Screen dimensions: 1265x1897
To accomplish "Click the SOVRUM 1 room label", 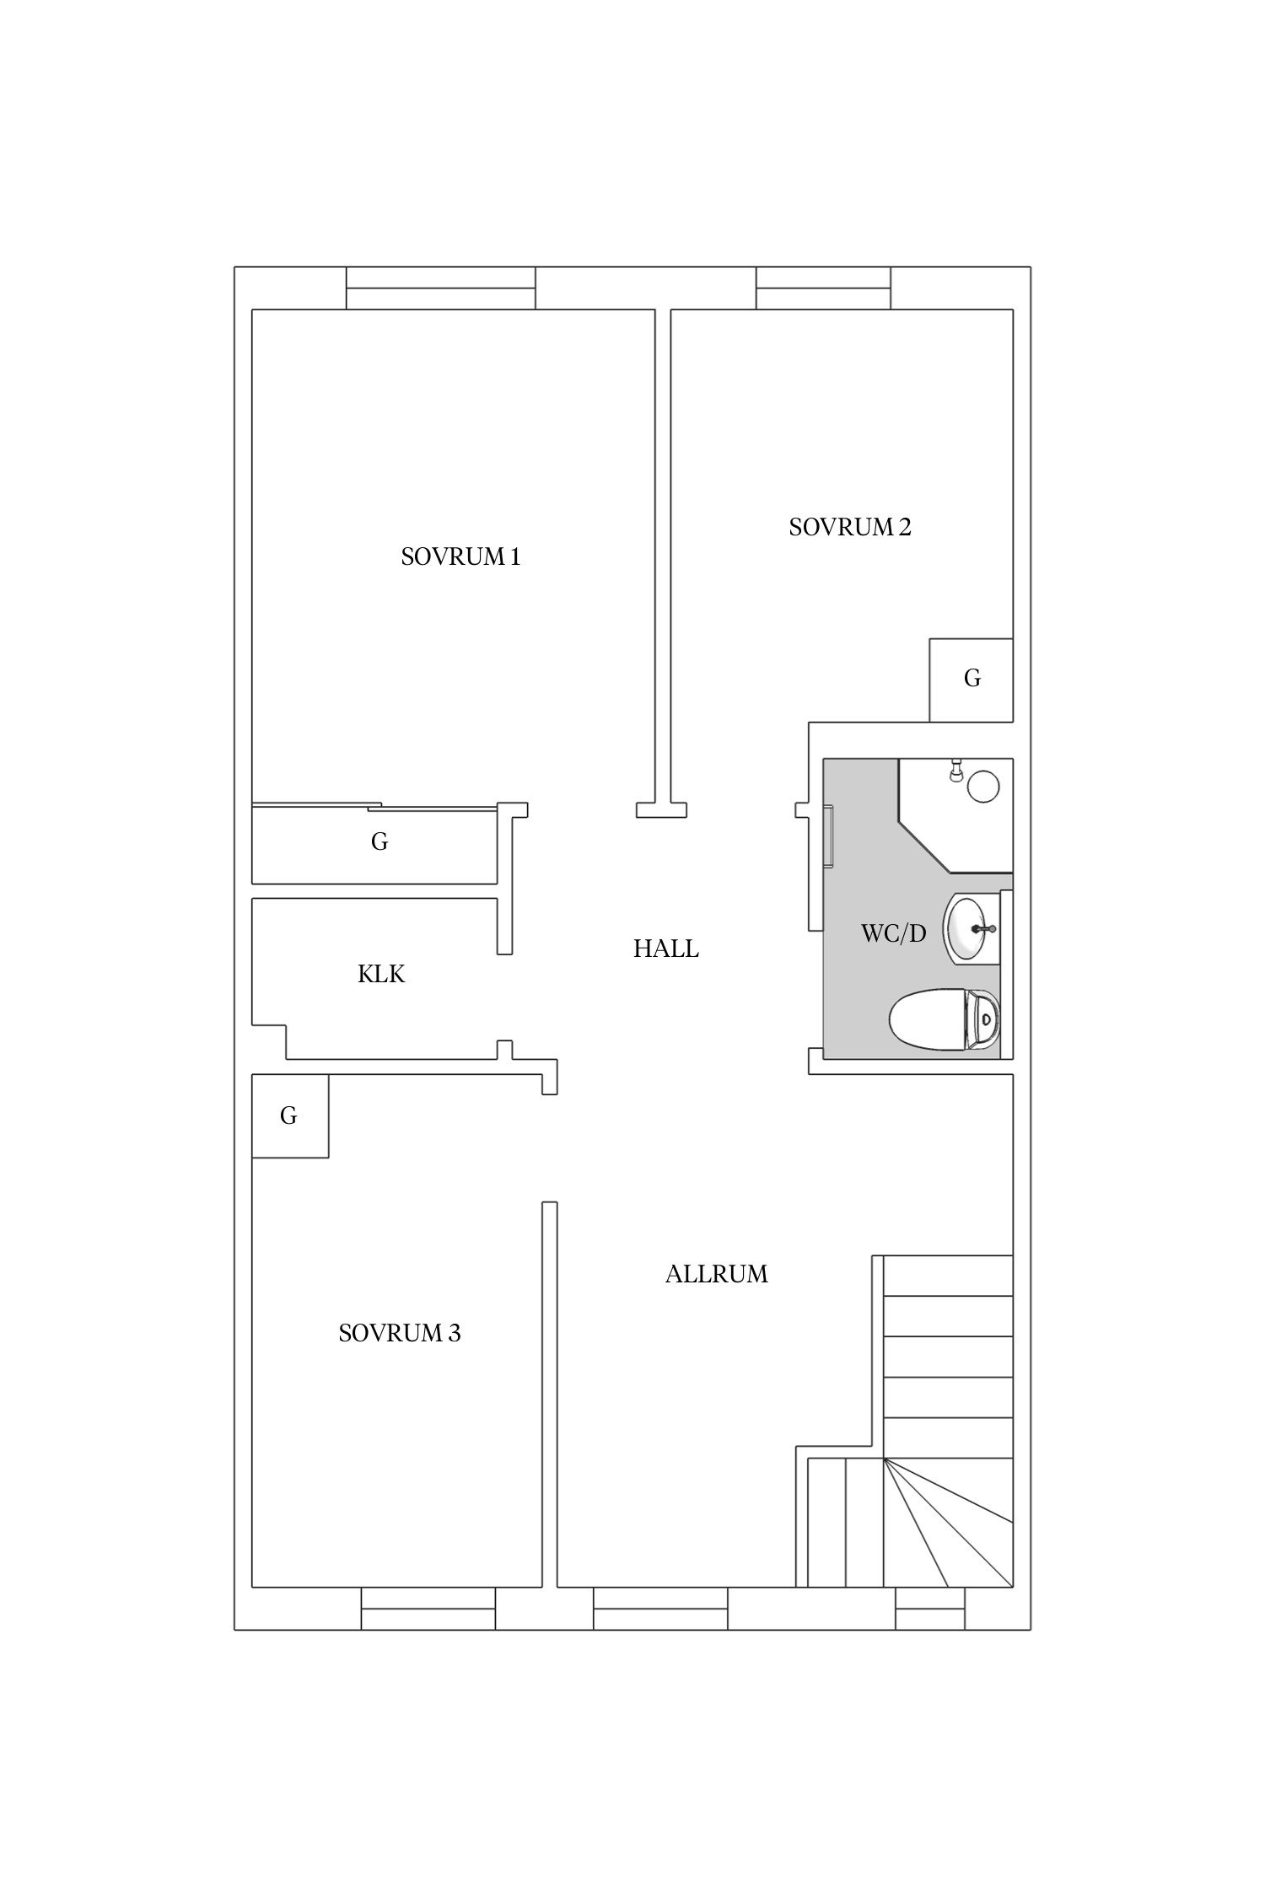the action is pyautogui.click(x=460, y=557).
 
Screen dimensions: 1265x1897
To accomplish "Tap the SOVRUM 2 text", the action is pyautogui.click(x=850, y=528).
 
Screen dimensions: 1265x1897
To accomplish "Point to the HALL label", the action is pyautogui.click(x=666, y=949).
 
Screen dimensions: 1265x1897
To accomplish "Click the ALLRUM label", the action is pyautogui.click(x=717, y=1274).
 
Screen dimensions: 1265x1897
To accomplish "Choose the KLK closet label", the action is pyautogui.click(x=381, y=975).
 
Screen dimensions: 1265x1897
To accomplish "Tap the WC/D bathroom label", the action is pyautogui.click(x=893, y=933).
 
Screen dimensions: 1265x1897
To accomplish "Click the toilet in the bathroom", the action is pyautogui.click(x=945, y=1020).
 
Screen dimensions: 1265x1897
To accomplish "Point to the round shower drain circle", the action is pyautogui.click(x=983, y=786).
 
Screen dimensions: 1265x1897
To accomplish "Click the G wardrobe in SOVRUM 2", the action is pyautogui.click(x=972, y=680).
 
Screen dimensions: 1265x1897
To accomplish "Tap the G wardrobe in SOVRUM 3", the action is pyautogui.click(x=290, y=1115).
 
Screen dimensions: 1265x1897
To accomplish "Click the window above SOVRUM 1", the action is pyautogui.click(x=441, y=288).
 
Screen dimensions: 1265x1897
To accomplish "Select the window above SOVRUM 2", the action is pyautogui.click(x=823, y=288).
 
